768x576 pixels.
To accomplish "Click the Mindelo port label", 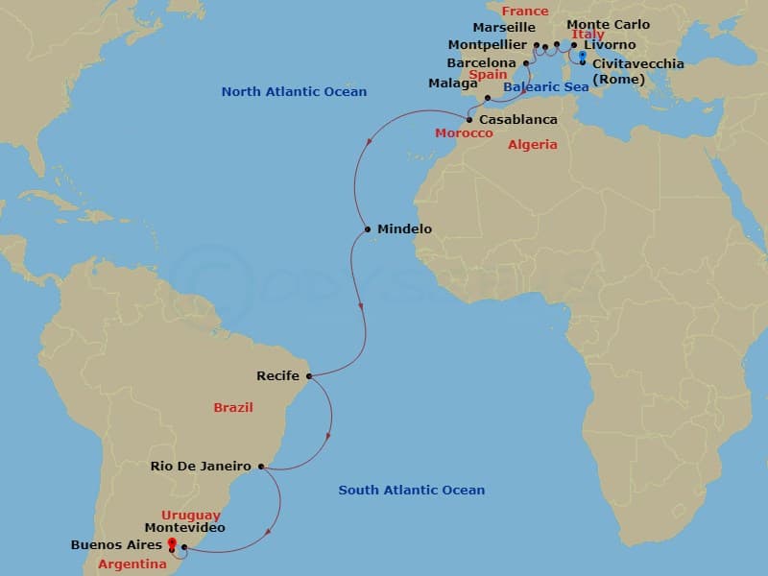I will [x=404, y=229].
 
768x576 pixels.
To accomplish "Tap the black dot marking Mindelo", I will [x=368, y=229].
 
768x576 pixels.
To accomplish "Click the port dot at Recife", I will [x=308, y=375].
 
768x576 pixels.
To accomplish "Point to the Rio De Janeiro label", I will [x=201, y=467].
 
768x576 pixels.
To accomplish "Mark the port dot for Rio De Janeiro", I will [x=261, y=468].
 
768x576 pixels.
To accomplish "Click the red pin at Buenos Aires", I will [x=172, y=544].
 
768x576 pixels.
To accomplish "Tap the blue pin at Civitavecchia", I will [x=583, y=57].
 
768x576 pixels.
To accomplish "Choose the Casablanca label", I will [x=517, y=120].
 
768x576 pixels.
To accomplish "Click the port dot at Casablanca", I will [x=469, y=120].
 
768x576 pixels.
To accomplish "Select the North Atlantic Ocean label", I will [x=294, y=92].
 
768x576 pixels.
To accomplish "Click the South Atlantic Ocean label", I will [x=411, y=491].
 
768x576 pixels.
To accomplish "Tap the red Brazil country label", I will [x=233, y=408].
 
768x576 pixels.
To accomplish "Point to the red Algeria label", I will [x=533, y=145].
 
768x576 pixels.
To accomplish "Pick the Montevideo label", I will [x=184, y=528].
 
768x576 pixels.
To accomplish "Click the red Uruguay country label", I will [x=190, y=516].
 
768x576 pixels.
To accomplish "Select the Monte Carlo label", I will [x=608, y=25].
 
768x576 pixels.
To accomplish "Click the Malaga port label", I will [x=452, y=84].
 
